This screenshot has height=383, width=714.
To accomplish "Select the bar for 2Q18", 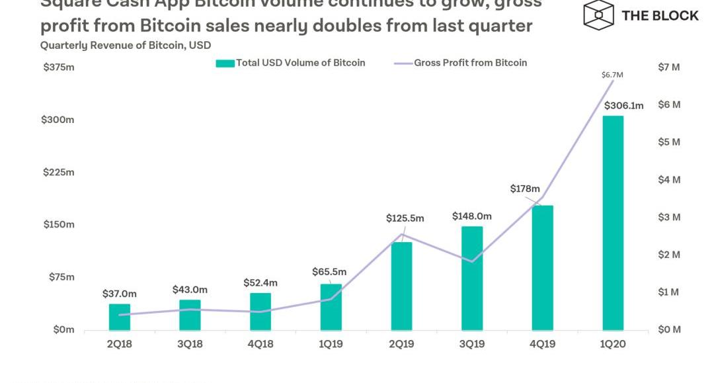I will click(120, 317).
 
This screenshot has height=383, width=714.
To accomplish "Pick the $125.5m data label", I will click(405, 218).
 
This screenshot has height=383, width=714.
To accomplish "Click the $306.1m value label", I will click(623, 106).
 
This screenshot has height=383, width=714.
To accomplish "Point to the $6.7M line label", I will click(612, 75).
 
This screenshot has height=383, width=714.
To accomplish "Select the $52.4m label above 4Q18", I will click(260, 282).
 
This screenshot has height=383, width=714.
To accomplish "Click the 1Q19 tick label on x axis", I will click(331, 345).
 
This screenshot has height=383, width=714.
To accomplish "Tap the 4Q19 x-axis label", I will click(542, 345).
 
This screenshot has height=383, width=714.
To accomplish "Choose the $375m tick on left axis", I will click(58, 67).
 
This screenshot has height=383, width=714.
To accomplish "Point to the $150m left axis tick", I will click(58, 224).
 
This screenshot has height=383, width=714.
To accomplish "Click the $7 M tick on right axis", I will click(669, 67).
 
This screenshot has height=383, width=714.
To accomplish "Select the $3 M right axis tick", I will click(669, 217).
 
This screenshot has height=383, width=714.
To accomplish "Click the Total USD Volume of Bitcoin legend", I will click(291, 63).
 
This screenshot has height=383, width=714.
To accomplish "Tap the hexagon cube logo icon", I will click(598, 15).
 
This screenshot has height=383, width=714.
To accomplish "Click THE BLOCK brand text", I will click(660, 15).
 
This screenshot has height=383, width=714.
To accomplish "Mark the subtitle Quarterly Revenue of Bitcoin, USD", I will click(126, 46).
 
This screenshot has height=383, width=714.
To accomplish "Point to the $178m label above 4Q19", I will click(525, 189).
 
